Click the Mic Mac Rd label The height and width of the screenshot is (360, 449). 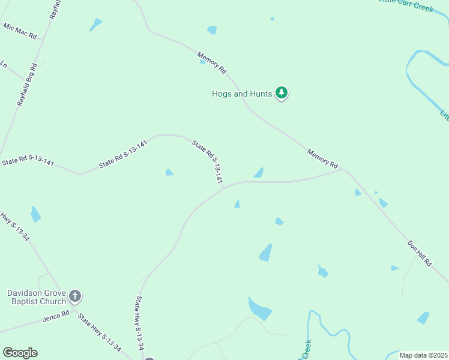(x=20, y=31)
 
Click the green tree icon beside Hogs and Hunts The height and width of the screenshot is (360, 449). (x=282, y=93)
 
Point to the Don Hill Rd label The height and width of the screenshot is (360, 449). (x=420, y=253)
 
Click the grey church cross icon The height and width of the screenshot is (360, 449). (x=75, y=296)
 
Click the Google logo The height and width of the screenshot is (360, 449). (x=20, y=353)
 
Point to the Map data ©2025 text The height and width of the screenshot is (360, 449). (x=423, y=355)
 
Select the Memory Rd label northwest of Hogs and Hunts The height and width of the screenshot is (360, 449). (x=212, y=62)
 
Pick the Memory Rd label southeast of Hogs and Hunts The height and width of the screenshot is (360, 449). (x=323, y=158)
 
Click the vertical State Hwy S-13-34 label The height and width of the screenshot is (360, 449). (x=140, y=324)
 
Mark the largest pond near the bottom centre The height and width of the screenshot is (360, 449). (x=259, y=308)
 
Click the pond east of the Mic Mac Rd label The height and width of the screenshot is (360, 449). (x=95, y=25)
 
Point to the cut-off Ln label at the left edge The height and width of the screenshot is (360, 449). (x=3, y=64)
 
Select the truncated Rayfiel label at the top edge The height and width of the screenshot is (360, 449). (x=55, y=9)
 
